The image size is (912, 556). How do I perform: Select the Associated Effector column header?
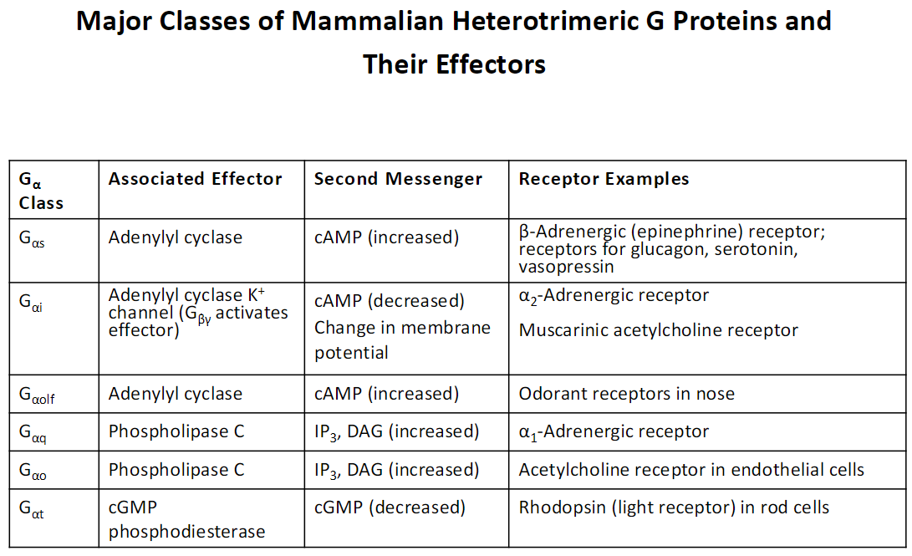(195, 179)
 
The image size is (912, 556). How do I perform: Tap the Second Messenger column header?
(398, 179)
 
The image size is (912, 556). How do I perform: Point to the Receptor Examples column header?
(604, 179)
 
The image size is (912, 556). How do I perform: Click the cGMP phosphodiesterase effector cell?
(186, 519)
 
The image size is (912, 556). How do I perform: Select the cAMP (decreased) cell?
(389, 301)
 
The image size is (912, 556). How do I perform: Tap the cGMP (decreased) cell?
(390, 508)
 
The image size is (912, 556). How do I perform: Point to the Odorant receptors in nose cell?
(626, 394)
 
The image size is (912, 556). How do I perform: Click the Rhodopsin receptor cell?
(674, 508)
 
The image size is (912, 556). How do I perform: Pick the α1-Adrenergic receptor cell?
(614, 432)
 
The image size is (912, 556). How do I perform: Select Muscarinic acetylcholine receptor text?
(658, 330)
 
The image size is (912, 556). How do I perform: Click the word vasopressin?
(566, 267)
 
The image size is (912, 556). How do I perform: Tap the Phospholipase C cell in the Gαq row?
(176, 432)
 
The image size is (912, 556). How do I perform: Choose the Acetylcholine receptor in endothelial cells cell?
(691, 470)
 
